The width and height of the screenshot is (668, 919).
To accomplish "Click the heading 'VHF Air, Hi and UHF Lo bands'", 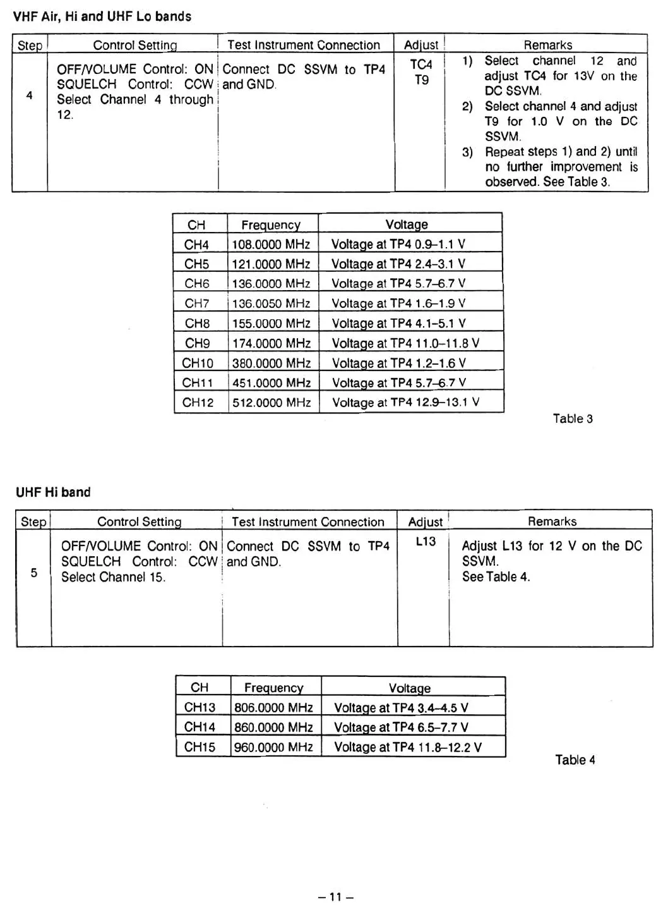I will [102, 17].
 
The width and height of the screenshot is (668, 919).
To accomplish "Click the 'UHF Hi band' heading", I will [53, 492].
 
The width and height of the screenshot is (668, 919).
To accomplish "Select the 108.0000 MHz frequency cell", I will [271, 245].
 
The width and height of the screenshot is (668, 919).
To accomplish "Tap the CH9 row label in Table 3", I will [198, 343].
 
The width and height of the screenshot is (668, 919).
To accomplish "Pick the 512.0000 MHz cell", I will [271, 403].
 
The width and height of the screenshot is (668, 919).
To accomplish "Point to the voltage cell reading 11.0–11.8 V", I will [405, 343].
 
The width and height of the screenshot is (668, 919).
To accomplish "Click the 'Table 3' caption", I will [573, 418].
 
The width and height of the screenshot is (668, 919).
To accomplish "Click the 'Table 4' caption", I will [575, 760].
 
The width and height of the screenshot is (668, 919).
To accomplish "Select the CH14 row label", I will [200, 727].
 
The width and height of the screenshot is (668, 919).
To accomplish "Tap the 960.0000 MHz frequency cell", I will [273, 747].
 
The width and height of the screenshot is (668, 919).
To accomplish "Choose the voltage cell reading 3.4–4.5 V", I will [401, 708].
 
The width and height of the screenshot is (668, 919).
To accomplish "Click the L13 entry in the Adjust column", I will [426, 542].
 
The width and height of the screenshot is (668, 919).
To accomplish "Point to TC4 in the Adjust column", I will [421, 64].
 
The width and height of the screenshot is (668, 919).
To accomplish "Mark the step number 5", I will [34, 573].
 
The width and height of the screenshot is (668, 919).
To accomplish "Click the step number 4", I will [29, 95].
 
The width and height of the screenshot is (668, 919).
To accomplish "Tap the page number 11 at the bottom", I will [335, 897].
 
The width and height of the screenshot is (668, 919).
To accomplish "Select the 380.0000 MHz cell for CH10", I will [271, 363].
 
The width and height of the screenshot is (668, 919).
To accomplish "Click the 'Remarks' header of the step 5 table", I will [552, 521].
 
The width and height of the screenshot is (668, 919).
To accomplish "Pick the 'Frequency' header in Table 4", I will [273, 688].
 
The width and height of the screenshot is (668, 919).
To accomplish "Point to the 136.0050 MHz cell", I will [271, 303].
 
